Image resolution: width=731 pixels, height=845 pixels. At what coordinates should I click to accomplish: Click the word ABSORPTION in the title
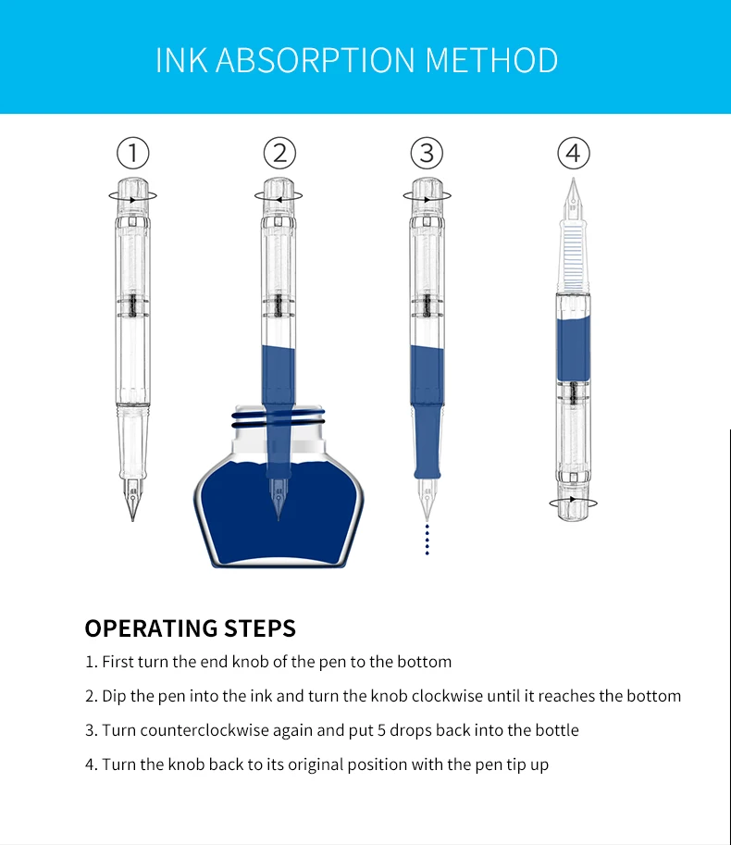(316, 60)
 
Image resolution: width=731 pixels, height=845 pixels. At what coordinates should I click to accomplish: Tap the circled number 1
(133, 153)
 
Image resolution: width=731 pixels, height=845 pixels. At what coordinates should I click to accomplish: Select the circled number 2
(279, 153)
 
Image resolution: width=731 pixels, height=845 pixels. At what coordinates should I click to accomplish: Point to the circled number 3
(427, 153)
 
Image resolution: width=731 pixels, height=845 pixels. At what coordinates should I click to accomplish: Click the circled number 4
(574, 153)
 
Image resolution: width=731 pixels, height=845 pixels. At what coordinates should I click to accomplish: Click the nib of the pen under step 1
(132, 499)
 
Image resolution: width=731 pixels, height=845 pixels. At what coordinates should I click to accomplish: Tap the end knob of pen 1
(133, 195)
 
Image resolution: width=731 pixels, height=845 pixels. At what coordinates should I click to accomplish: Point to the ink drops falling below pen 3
(427, 539)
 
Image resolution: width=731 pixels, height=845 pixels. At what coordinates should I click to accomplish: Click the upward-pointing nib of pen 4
(573, 198)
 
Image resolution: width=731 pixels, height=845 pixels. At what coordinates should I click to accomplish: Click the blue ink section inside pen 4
(573, 349)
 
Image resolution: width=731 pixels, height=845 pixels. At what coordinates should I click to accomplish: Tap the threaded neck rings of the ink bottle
(279, 418)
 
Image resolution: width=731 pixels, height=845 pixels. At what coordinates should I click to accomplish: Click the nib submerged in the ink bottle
(278, 499)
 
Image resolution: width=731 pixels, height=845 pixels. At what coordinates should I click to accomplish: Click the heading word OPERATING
(152, 628)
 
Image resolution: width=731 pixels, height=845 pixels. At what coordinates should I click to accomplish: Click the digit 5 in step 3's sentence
(381, 730)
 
